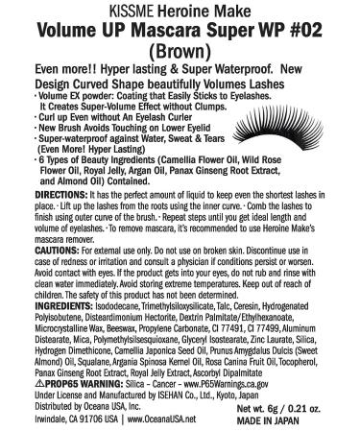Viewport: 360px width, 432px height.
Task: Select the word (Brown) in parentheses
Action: [180, 46]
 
